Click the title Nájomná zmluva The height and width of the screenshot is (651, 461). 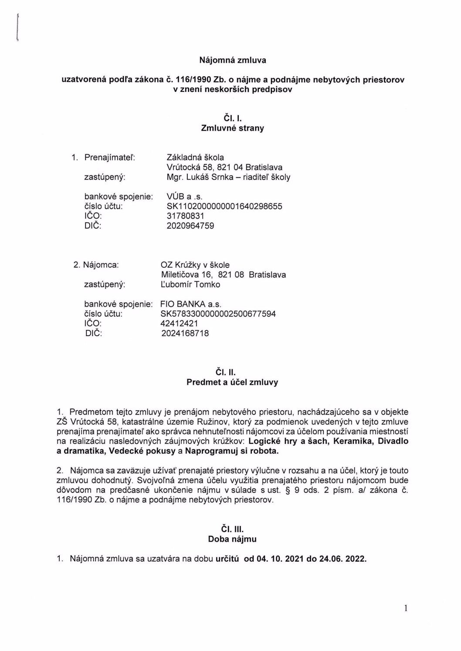(232, 60)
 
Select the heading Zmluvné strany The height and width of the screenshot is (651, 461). (232, 128)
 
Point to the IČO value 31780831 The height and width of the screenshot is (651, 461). (185, 216)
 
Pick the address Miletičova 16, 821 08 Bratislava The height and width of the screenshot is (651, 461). (223, 275)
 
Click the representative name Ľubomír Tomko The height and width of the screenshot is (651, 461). (190, 285)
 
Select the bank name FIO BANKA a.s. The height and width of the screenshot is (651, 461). (191, 304)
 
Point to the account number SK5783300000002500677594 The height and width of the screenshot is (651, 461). (218, 314)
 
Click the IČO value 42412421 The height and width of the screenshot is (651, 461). (179, 324)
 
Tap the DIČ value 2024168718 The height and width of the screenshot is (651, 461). (185, 334)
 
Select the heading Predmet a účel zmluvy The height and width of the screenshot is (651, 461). (232, 382)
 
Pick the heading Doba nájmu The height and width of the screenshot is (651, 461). (232, 539)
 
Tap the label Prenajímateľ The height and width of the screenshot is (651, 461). (109, 157)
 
